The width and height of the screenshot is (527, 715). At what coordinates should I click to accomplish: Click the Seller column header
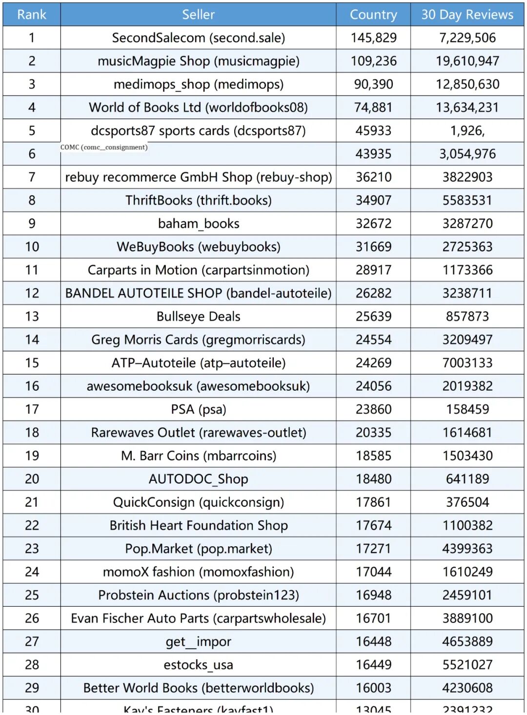(x=198, y=15)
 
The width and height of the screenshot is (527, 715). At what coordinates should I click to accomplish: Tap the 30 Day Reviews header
(x=467, y=15)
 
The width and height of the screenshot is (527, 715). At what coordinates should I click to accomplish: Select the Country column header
(x=373, y=15)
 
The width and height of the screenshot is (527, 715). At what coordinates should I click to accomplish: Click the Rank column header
(x=32, y=15)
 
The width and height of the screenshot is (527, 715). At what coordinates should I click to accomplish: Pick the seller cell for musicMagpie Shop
(x=198, y=61)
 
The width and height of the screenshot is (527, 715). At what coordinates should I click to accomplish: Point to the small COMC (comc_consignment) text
(x=104, y=147)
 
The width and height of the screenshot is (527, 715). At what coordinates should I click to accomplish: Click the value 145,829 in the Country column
(x=373, y=38)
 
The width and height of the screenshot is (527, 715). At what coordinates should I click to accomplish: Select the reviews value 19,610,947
(x=467, y=61)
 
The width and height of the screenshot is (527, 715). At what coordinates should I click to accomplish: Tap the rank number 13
(x=32, y=317)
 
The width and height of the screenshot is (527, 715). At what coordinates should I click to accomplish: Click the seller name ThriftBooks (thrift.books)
(x=198, y=200)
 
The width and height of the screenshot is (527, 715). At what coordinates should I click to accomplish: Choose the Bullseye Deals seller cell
(x=198, y=317)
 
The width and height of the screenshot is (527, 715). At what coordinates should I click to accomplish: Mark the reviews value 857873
(x=467, y=317)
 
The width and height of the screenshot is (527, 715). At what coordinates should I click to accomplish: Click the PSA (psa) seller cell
(x=198, y=409)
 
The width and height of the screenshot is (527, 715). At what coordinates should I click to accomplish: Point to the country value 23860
(x=373, y=409)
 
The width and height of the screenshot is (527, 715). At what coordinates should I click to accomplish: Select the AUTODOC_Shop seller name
(x=198, y=479)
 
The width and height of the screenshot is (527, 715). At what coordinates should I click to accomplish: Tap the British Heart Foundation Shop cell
(x=198, y=525)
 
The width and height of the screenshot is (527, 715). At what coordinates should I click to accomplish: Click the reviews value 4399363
(x=467, y=549)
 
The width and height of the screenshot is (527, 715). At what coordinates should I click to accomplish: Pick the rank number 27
(x=32, y=641)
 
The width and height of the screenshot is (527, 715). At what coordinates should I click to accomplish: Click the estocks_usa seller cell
(x=198, y=665)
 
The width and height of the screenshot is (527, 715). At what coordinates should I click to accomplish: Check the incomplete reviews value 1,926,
(x=467, y=131)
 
